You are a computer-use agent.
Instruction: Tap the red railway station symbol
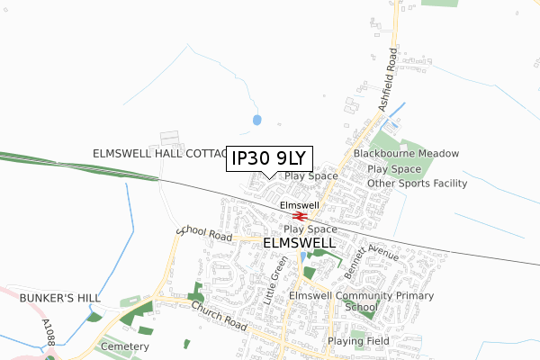pyautogui.click(x=301, y=216)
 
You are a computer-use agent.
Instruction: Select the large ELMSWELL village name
pyautogui.click(x=300, y=243)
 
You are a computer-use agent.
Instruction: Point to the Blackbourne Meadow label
pyautogui.click(x=406, y=154)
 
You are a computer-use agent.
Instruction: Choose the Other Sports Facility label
pyautogui.click(x=418, y=184)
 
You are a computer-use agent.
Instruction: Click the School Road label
pyautogui.click(x=205, y=234)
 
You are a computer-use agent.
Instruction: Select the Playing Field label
pyautogui.click(x=358, y=342)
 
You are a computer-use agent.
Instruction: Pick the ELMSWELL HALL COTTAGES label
pyautogui.click(x=158, y=154)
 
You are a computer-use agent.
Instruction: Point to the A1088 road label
pyautogui.click(x=49, y=332)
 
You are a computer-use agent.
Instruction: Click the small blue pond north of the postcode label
pyautogui.click(x=257, y=119)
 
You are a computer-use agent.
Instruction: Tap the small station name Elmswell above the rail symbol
pyautogui.click(x=300, y=205)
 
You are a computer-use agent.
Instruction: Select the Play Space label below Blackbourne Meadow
pyautogui.click(x=394, y=168)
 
